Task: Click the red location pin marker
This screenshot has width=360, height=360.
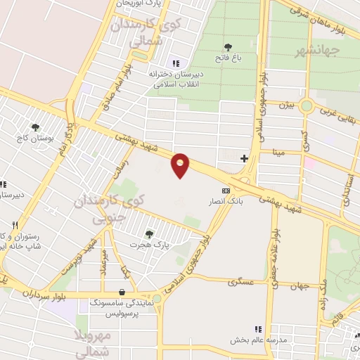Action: pyautogui.click(x=181, y=165)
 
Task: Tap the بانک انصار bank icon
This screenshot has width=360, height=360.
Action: pyautogui.click(x=226, y=191)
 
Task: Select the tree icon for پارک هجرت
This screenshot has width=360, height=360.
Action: pyautogui.click(x=148, y=234)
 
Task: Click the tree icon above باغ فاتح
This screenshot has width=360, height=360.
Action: pyautogui.click(x=229, y=47)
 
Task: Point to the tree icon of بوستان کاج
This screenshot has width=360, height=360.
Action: pyautogui.click(x=35, y=127)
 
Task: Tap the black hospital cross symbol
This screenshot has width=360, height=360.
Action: pyautogui.click(x=244, y=158)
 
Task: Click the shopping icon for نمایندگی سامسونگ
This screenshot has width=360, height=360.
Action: pyautogui.click(x=123, y=292)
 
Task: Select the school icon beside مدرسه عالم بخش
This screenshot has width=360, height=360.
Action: pyautogui.click(x=257, y=329)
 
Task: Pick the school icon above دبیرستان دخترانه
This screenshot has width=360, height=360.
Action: pyautogui.click(x=176, y=63)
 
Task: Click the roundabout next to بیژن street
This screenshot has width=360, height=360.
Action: pyautogui.click(x=307, y=106)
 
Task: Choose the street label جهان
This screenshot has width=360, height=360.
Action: pyautogui.click(x=302, y=285)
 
